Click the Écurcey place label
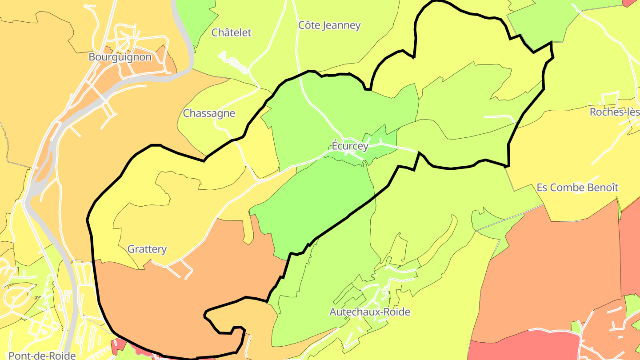[350, 146]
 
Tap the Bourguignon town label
[120, 57]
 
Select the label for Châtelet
[231, 32]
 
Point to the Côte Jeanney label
[329, 25]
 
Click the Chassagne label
[209, 113]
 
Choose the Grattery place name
[147, 249]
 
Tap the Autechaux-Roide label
[369, 312]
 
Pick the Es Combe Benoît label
[577, 188]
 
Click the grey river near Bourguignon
[133, 80]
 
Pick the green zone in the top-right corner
[542, 22]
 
